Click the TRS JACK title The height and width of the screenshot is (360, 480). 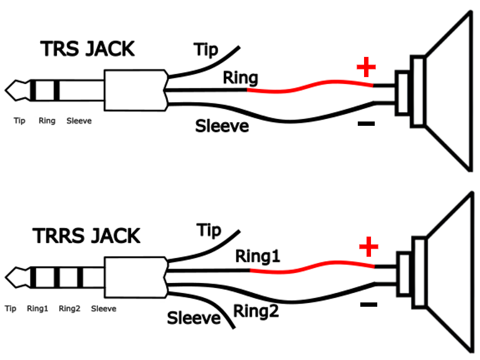click(x=87, y=49)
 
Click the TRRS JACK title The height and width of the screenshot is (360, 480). click(x=86, y=236)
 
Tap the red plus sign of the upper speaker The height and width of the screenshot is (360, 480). click(x=366, y=67)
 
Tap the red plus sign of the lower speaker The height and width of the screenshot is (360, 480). click(x=368, y=247)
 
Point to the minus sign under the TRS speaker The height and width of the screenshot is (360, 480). click(x=366, y=123)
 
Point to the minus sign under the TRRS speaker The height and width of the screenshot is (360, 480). click(x=369, y=304)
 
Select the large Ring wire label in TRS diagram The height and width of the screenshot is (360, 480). click(x=241, y=78)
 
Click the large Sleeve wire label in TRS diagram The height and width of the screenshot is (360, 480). click(x=222, y=126)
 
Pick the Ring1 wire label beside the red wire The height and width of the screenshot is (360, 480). click(x=258, y=256)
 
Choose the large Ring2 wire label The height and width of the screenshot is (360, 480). click(x=256, y=311)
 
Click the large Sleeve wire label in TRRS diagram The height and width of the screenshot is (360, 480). click(x=194, y=318)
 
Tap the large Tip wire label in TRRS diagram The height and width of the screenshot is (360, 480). click(x=209, y=230)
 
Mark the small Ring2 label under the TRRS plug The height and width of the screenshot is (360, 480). click(x=70, y=309)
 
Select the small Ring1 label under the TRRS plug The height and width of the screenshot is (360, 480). click(x=38, y=309)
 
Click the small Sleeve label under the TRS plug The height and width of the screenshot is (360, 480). click(x=79, y=121)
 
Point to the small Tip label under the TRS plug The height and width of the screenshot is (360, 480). click(x=19, y=121)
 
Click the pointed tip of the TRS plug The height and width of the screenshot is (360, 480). click(x=5, y=90)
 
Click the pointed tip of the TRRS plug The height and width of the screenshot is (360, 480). click(x=5, y=277)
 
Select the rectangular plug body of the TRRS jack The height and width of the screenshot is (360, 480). click(x=135, y=277)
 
